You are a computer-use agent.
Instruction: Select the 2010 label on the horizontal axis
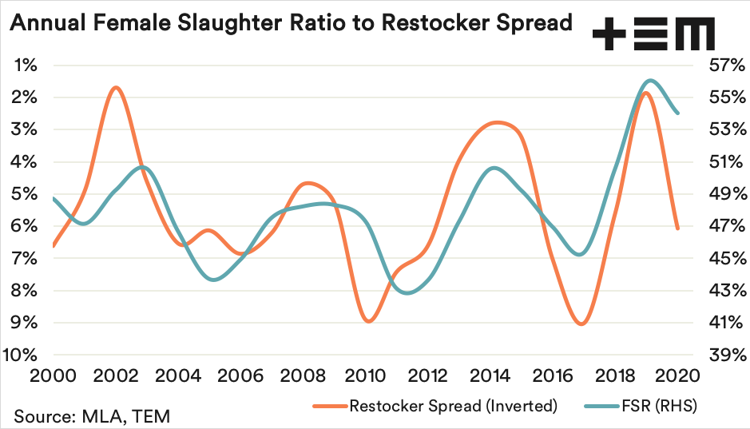click(x=367, y=375)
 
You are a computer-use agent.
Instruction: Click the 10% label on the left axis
click(x=22, y=355)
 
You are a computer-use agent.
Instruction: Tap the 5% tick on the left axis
click(x=26, y=194)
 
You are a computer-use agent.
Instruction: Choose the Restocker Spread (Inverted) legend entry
click(x=452, y=406)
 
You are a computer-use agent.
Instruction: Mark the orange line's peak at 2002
click(x=117, y=87)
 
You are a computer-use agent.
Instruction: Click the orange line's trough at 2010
click(x=368, y=321)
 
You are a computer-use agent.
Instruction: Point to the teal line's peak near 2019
click(x=650, y=80)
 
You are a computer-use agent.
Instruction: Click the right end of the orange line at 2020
click(x=678, y=229)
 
